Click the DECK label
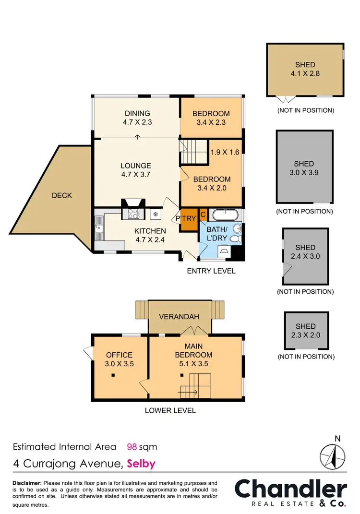61,195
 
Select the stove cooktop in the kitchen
133,214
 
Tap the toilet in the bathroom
235,238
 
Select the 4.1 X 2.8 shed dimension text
305,74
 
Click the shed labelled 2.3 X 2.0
306,331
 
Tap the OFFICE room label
120,355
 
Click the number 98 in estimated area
132,447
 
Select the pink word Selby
141,464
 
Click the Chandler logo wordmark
290,489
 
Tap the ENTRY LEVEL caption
211,271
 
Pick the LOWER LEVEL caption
170,410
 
